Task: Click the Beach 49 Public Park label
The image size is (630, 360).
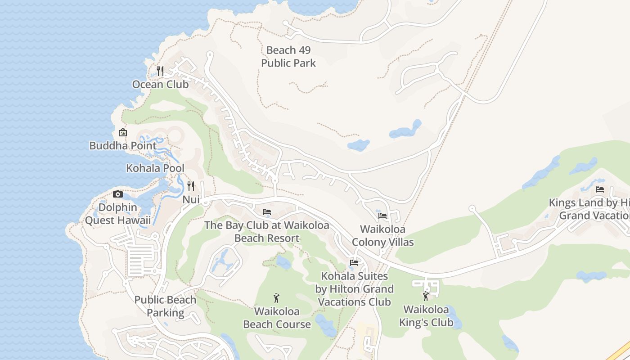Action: [288, 57]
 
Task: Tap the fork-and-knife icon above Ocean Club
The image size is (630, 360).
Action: [160, 71]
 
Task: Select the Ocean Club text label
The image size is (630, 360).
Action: [160, 84]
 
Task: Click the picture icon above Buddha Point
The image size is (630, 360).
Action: [122, 132]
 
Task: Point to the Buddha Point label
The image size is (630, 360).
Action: [123, 146]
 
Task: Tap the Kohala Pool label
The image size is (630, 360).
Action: [155, 168]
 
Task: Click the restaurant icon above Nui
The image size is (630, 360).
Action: [191, 186]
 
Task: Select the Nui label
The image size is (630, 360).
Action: [191, 199]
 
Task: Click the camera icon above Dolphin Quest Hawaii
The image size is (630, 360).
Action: [118, 194]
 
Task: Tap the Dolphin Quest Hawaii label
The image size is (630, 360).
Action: [118, 214]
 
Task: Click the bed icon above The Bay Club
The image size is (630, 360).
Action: [267, 211]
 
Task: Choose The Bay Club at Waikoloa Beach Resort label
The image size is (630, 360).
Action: [267, 231]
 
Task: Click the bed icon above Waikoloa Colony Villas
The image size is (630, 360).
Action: [382, 216]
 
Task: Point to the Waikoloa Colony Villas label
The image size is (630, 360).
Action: [382, 235]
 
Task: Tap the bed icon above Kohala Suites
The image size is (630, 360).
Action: [354, 262]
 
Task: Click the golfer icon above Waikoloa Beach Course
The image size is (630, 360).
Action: [277, 297]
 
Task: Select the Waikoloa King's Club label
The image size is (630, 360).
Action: [426, 316]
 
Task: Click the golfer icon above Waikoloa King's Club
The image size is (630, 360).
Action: [426, 296]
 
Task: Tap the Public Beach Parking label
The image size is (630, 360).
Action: [165, 306]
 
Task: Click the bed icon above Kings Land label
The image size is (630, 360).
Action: [599, 189]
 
